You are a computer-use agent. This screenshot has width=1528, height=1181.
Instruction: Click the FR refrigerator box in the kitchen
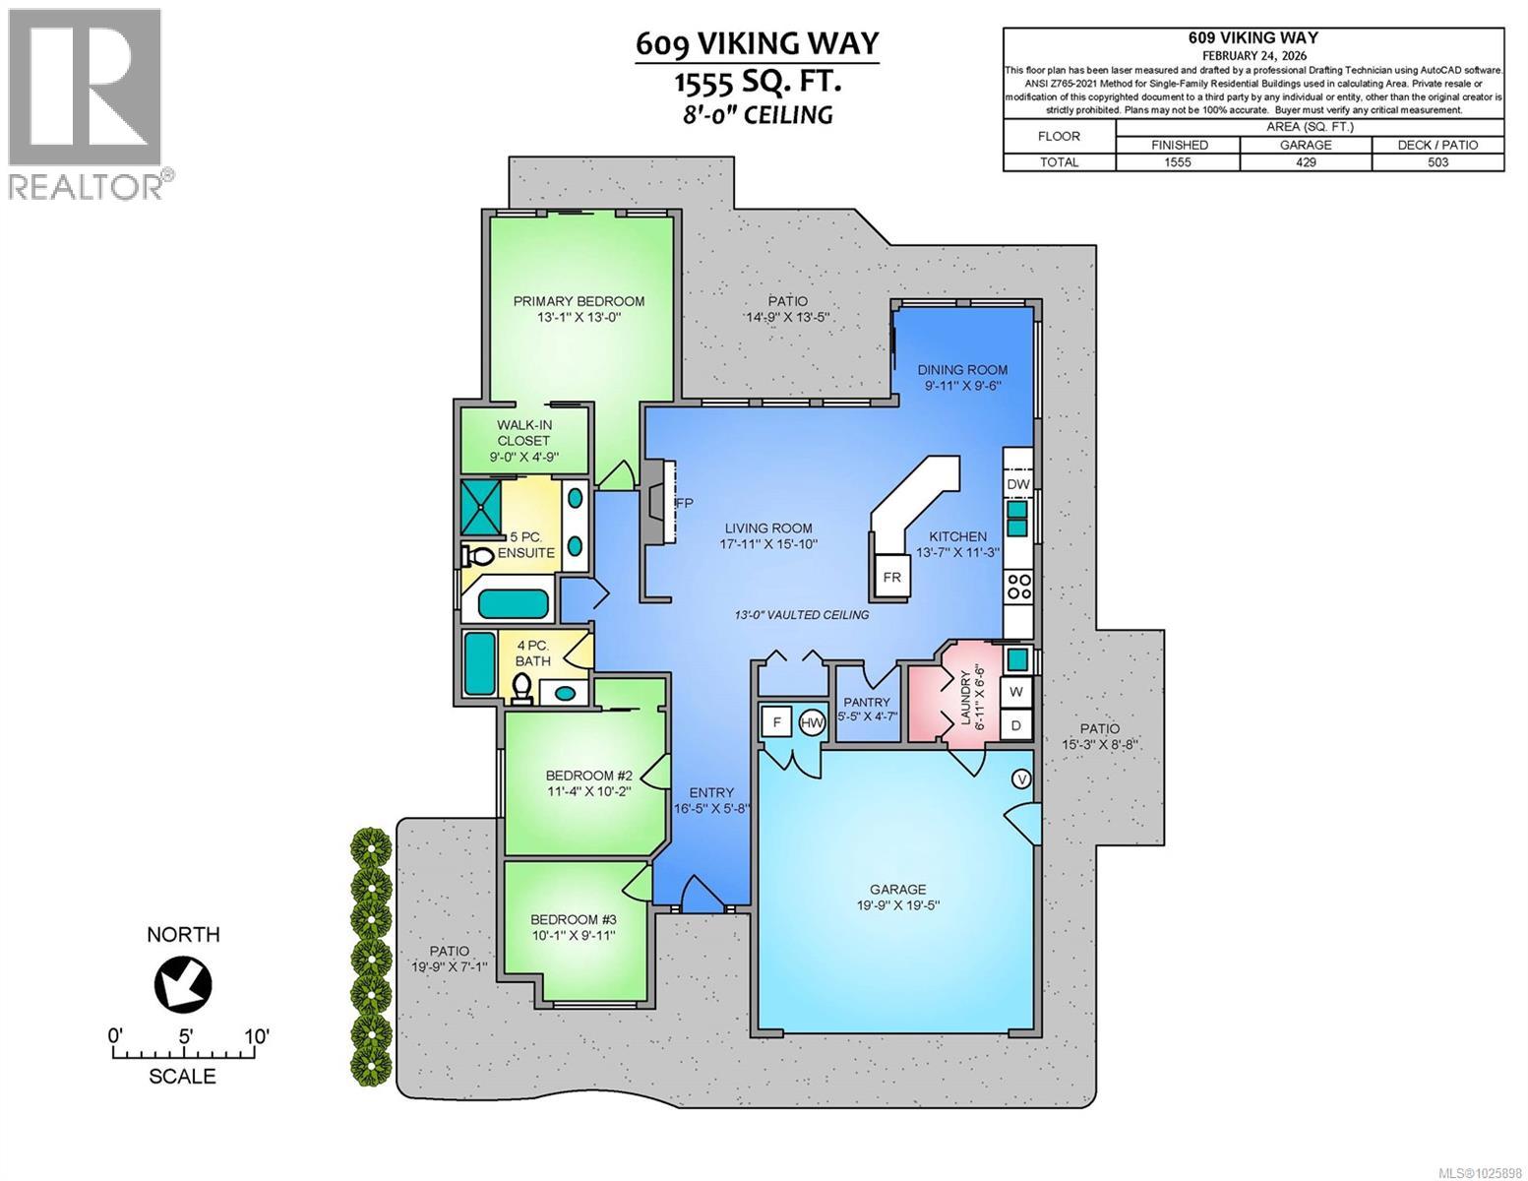(x=891, y=577)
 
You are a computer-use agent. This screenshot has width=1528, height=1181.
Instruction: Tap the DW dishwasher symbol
(x=1018, y=484)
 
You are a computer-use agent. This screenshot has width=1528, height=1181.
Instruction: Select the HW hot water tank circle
(x=812, y=723)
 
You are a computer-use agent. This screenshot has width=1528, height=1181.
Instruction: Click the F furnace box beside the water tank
(x=776, y=723)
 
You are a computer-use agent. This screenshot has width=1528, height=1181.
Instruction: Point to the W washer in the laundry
(x=1016, y=692)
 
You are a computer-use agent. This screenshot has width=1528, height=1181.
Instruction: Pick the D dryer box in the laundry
(x=1016, y=726)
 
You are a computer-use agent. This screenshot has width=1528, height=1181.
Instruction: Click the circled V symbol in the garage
(x=1021, y=778)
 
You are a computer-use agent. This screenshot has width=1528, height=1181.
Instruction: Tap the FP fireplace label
(x=684, y=503)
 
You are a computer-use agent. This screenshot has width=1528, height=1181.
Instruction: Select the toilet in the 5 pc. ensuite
(x=478, y=556)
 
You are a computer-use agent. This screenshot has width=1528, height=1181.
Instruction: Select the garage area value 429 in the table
(x=1305, y=162)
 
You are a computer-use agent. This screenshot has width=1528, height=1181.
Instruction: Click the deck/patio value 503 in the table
(x=1437, y=162)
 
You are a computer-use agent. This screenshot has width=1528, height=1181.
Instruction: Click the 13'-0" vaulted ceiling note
(x=802, y=615)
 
